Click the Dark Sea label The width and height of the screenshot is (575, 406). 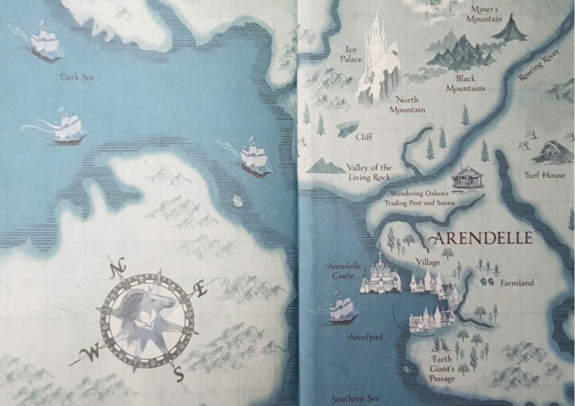(x=77, y=77)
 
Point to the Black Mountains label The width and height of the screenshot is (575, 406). (x=465, y=83)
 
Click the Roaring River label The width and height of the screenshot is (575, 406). (x=539, y=64)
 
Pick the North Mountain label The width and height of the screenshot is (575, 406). (x=407, y=105)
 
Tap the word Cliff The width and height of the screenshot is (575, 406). (x=364, y=137)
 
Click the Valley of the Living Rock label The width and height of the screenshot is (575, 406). (x=369, y=172)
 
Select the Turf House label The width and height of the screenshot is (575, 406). (x=544, y=175)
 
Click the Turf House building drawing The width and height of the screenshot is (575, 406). (x=550, y=153)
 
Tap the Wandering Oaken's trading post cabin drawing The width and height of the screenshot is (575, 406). (x=468, y=177)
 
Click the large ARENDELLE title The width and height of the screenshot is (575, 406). (x=481, y=238)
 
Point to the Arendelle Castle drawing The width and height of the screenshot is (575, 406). (x=381, y=277)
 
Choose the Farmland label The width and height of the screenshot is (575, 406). (x=517, y=282)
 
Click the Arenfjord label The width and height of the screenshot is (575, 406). (x=366, y=337)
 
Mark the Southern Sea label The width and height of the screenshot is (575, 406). (x=355, y=399)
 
